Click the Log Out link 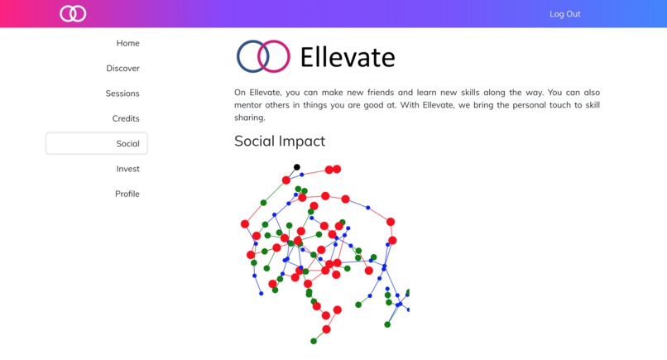pyautogui.click(x=564, y=14)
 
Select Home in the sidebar pyautogui.click(x=127, y=43)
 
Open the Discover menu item pyautogui.click(x=122, y=69)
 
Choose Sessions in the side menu pyautogui.click(x=122, y=94)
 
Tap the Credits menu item pyautogui.click(x=126, y=118)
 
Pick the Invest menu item pyautogui.click(x=127, y=169)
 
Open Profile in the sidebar pyautogui.click(x=127, y=194)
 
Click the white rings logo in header pyautogui.click(x=73, y=13)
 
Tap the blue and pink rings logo pyautogui.click(x=263, y=56)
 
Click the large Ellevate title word pyautogui.click(x=348, y=57)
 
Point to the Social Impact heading pyautogui.click(x=280, y=142)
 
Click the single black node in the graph pyautogui.click(x=297, y=167)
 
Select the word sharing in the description pyautogui.click(x=252, y=118)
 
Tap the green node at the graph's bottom pyautogui.click(x=314, y=341)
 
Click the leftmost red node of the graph pyautogui.click(x=245, y=224)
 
